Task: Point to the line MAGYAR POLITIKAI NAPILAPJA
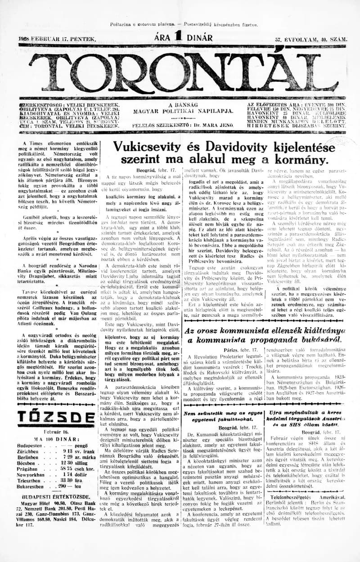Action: coord(183,111)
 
